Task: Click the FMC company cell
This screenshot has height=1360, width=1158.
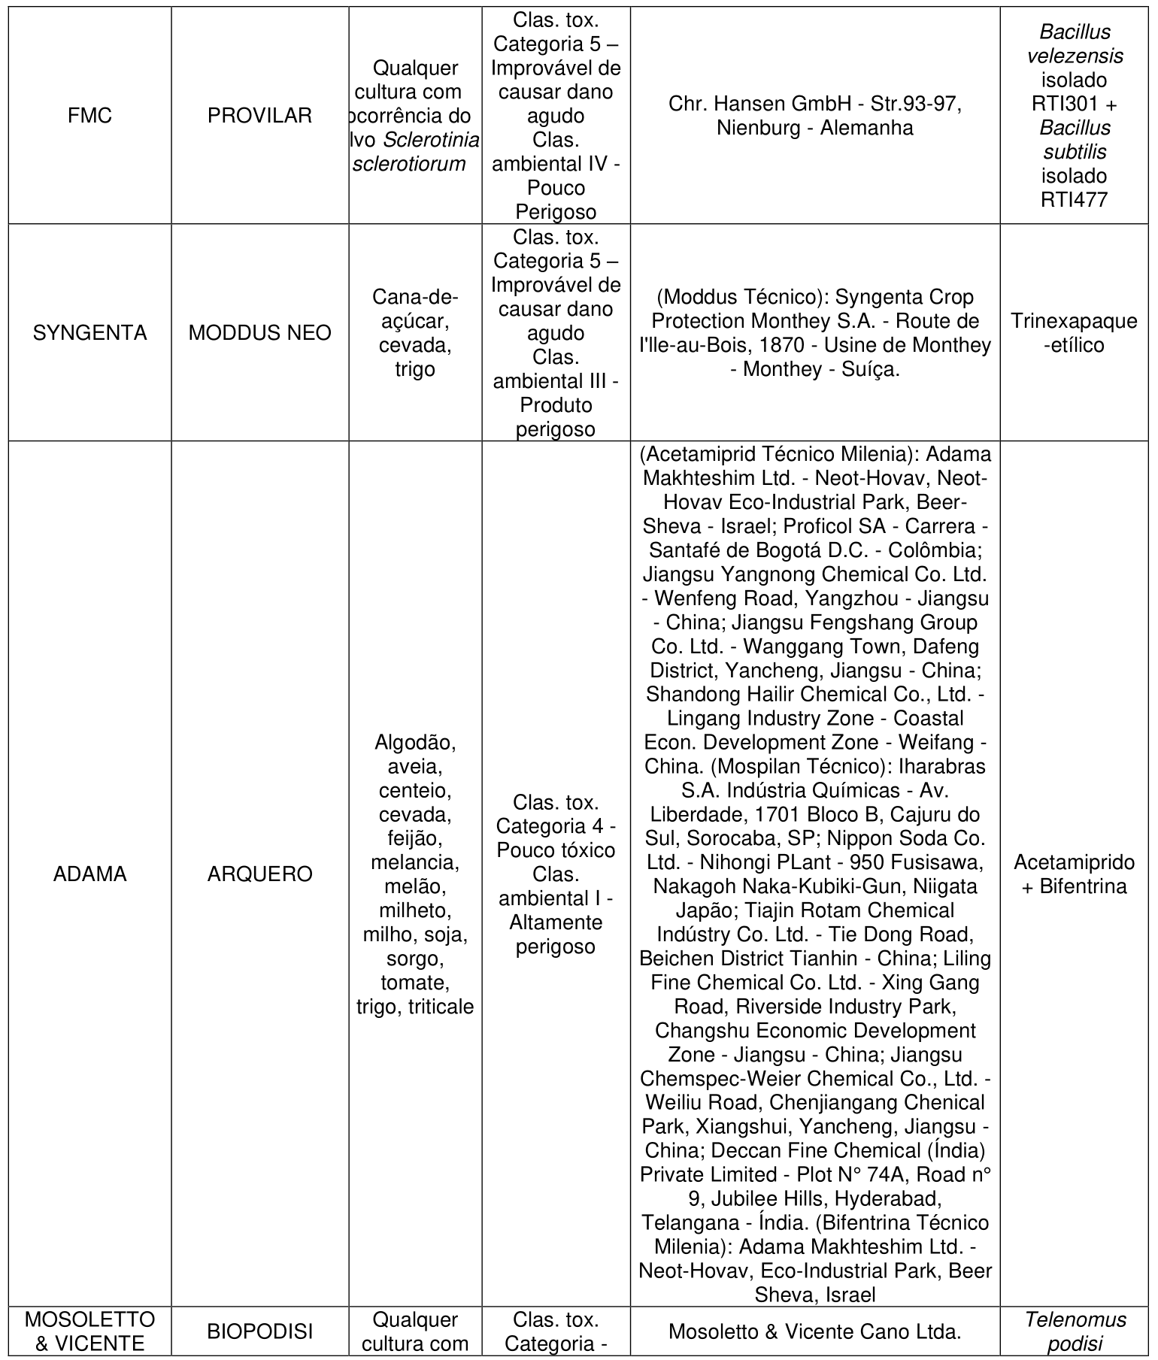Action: [89, 116]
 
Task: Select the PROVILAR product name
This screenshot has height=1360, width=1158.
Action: [259, 116]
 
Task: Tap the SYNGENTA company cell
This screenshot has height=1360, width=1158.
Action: [89, 333]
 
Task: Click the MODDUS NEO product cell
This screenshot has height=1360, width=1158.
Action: [259, 333]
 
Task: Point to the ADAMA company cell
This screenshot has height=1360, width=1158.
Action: [89, 874]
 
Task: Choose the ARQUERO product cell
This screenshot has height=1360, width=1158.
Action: [259, 874]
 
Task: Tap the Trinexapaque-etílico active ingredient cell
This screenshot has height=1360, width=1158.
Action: [1073, 333]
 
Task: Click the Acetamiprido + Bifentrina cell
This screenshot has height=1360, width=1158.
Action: [1073, 874]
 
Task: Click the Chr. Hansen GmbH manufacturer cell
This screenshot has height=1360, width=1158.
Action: [814, 116]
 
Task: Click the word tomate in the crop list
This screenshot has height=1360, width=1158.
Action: [414, 983]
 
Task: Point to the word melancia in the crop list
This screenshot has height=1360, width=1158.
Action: [414, 863]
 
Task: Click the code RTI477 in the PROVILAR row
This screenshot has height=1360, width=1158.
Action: [1073, 200]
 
